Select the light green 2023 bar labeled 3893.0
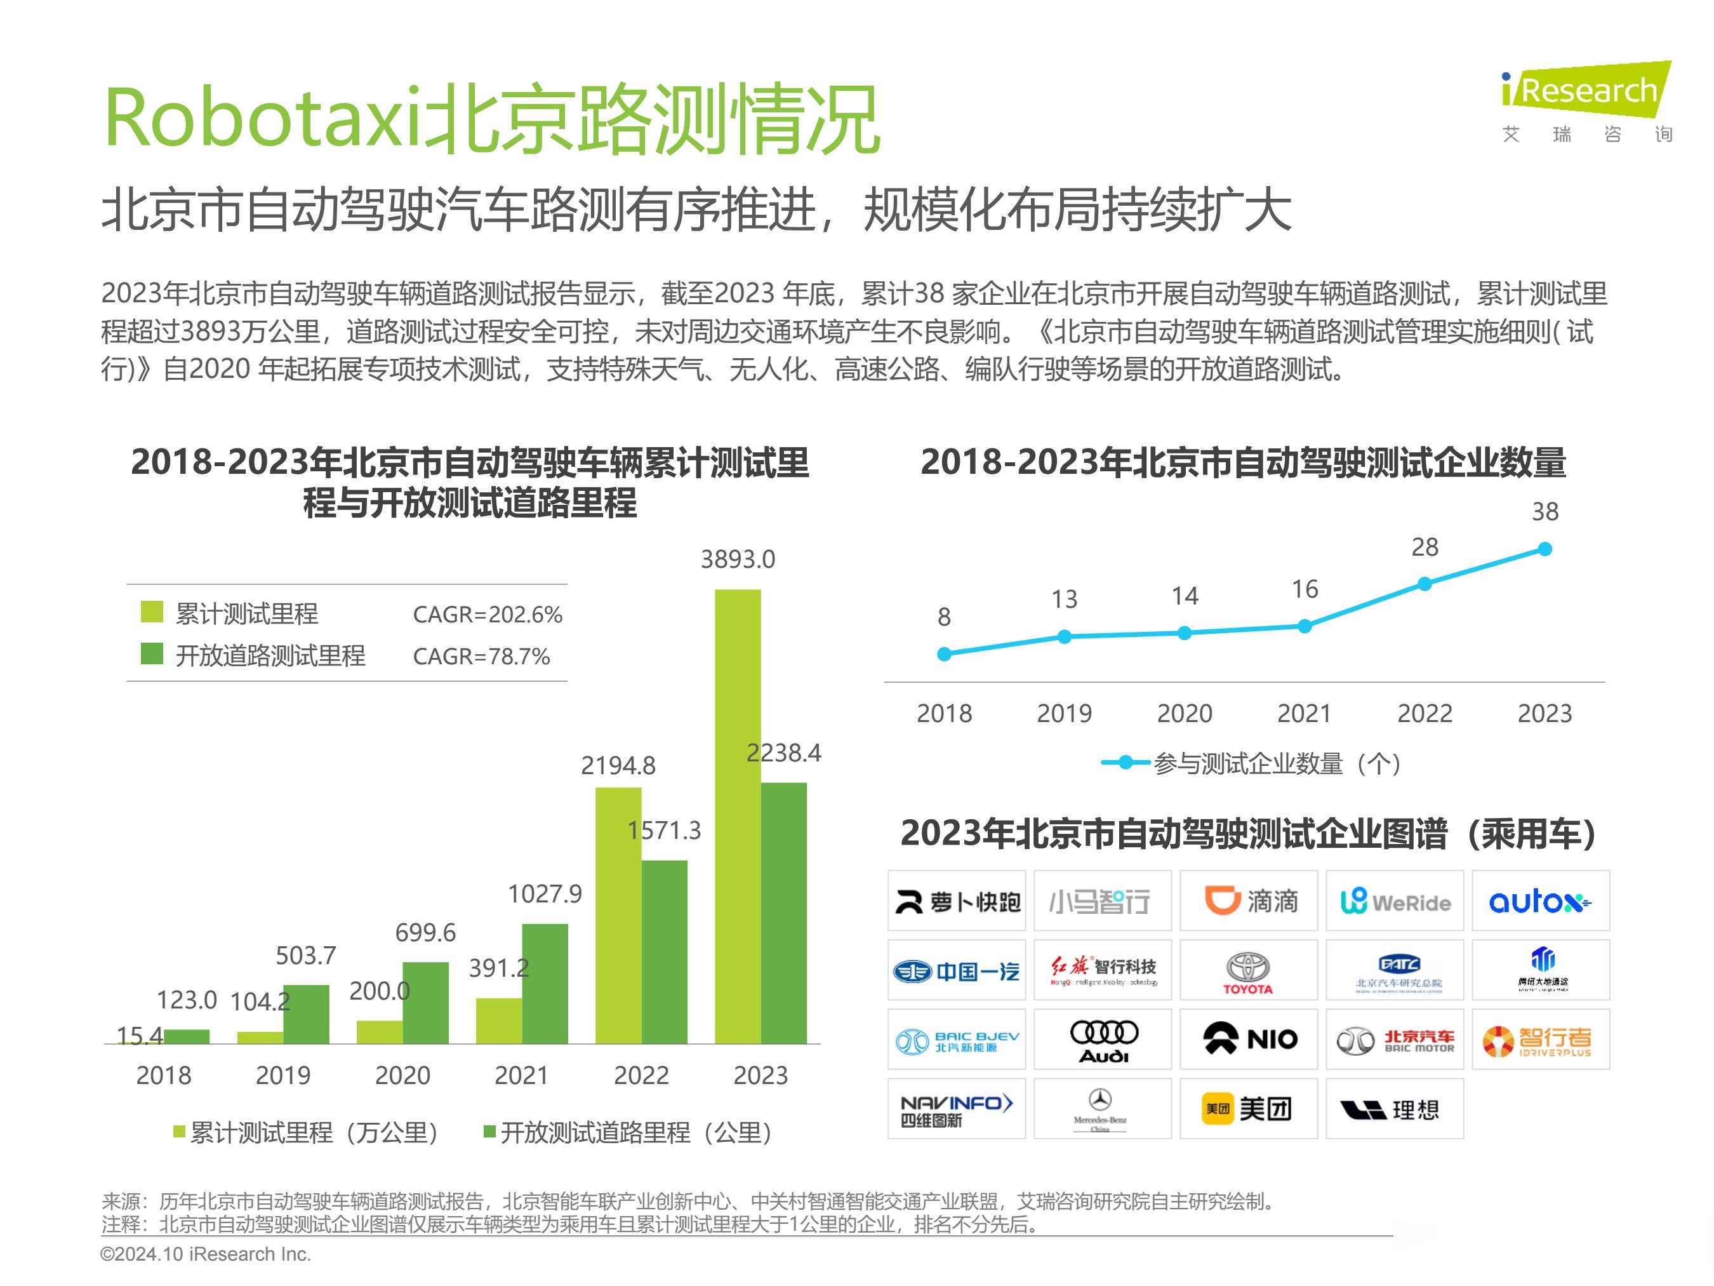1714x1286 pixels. pos(737,814)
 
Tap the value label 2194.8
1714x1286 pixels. pos(618,766)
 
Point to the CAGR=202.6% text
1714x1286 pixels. pos(488,615)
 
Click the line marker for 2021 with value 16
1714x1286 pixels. pos(1304,626)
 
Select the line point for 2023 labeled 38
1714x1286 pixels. pos(1545,549)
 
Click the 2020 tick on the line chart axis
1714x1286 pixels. pos(1184,713)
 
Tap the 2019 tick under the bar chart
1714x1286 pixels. pos(283,1075)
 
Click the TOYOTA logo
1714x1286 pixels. pos(1247,970)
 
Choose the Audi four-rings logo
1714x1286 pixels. pos(1103,1040)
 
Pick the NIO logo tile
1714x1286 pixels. pos(1248,1040)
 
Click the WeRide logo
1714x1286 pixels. pos(1394,901)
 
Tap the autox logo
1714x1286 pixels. pos(1539,901)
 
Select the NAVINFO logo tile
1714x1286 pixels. pos(956,1108)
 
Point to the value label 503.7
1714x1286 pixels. pos(306,956)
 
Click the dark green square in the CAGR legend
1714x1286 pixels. pos(152,654)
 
